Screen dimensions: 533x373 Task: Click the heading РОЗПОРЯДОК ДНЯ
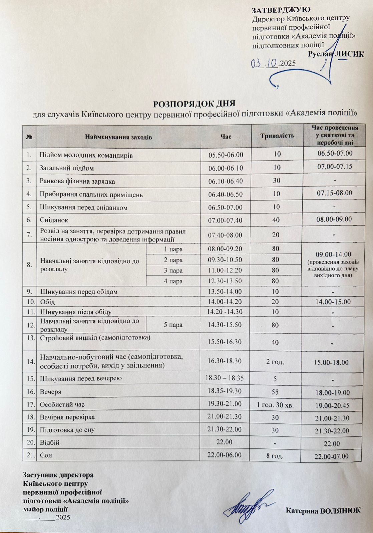coord(194,104)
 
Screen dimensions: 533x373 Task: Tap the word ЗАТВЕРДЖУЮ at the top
coord(282,9)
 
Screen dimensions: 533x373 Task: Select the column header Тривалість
coord(277,136)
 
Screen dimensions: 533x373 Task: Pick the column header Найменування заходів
coord(118,137)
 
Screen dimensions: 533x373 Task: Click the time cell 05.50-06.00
coord(226,155)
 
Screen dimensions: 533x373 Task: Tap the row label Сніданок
coord(50,220)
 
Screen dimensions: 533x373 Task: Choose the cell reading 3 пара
coord(173,270)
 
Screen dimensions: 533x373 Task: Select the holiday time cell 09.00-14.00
coord(332,255)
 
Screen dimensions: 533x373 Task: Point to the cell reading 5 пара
coord(173,324)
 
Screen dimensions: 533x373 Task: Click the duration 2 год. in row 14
coord(275,361)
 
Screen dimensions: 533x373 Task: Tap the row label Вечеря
coord(50,392)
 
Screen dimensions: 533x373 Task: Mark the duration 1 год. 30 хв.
coord(275,405)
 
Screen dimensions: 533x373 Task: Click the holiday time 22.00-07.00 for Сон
coord(331,456)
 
